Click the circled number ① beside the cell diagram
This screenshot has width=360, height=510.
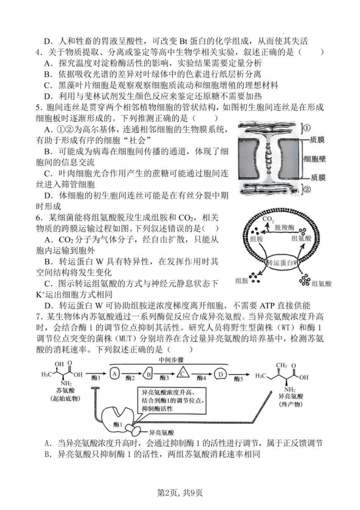307,128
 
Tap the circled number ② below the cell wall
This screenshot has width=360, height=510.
307,189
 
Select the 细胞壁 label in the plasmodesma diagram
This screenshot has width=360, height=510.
315,159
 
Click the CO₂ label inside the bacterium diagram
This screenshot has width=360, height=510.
268,219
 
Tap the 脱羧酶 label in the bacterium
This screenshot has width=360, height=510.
285,227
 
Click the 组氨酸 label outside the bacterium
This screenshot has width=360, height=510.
321,283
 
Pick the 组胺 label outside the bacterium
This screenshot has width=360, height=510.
242,280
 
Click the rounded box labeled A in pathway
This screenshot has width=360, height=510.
115,374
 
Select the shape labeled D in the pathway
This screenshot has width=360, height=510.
220,374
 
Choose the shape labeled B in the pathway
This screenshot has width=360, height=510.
149,374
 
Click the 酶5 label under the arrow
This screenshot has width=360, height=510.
238,379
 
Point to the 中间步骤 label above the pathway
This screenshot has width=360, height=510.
171,360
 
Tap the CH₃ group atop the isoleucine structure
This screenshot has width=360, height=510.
281,366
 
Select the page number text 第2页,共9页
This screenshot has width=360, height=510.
180,493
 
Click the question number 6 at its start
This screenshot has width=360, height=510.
38,218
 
